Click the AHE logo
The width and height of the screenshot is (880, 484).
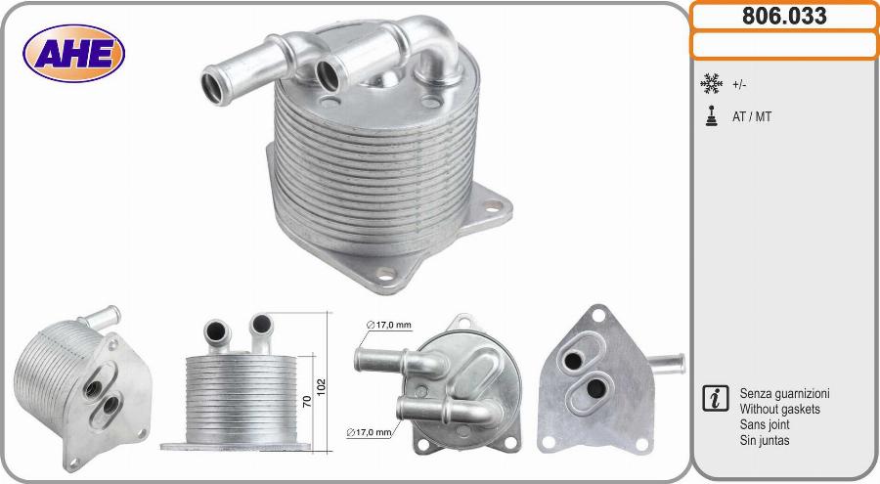tap(73, 54)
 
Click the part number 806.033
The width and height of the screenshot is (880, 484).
tap(784, 16)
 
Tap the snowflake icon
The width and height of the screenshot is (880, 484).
tap(711, 84)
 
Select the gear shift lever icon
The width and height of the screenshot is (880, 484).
tap(712, 115)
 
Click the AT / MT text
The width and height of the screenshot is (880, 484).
tap(752, 116)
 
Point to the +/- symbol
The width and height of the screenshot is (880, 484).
tap(739, 85)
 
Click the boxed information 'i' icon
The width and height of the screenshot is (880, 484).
tap(716, 398)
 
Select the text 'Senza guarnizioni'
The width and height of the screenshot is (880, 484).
tap(784, 394)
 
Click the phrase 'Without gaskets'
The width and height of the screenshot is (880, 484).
tap(779, 410)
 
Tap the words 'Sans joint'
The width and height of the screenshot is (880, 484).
tap(765, 424)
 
